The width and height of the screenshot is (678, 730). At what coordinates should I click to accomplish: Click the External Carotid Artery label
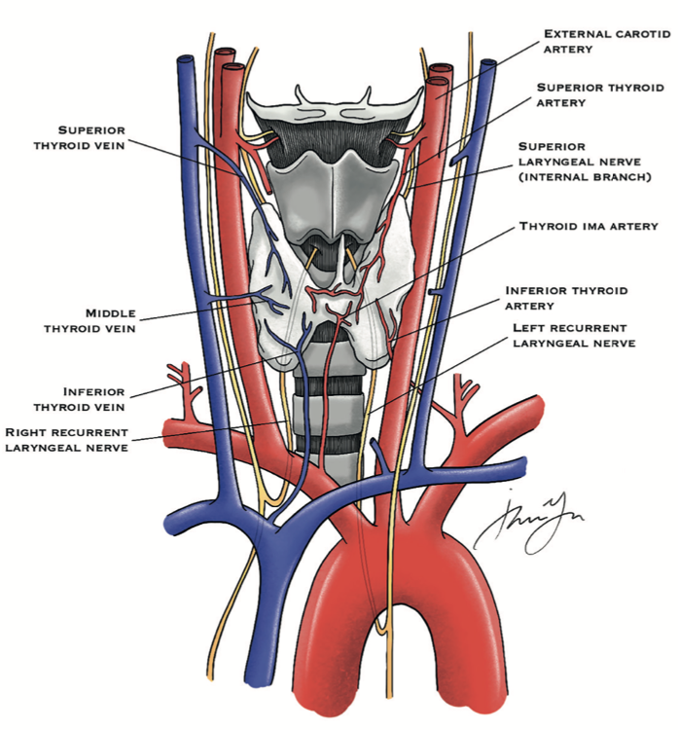[x=606, y=40]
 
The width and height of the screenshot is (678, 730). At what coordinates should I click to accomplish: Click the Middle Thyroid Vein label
[x=99, y=321]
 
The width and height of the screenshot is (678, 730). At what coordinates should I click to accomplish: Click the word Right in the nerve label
[x=29, y=431]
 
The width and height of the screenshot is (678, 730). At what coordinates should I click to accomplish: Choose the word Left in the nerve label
[x=530, y=328]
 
